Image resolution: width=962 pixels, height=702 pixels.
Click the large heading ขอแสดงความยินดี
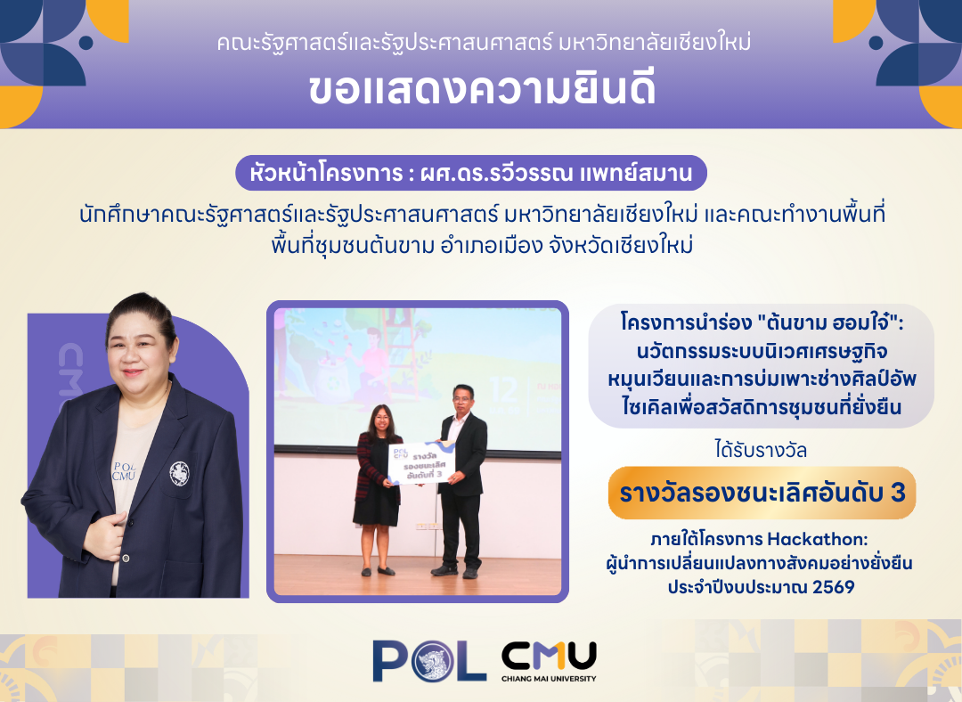tap(482, 90)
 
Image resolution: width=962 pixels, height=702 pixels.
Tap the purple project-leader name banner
tap(471, 173)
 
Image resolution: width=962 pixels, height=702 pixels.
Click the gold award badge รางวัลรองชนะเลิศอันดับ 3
tap(762, 494)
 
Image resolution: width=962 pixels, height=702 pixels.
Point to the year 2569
tap(833, 587)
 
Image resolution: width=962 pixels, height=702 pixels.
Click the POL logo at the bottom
tap(429, 661)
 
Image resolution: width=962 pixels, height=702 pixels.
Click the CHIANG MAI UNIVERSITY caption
tap(549, 679)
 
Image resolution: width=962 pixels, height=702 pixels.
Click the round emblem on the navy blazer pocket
tap(179, 473)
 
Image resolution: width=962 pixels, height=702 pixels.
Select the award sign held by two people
tap(419, 464)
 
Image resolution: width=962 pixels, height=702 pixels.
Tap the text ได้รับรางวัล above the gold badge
tap(761, 451)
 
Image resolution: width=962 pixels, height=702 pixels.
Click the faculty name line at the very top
tap(484, 43)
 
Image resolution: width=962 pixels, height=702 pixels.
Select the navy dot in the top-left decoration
tap(86, 43)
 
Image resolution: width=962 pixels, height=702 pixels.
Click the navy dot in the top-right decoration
tap(876, 43)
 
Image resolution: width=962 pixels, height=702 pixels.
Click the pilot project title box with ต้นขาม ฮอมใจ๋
tap(762, 366)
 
